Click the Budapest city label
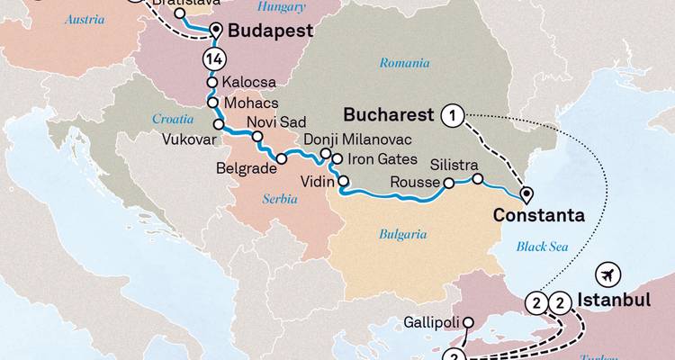tap(270, 31)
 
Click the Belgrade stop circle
tap(282, 159)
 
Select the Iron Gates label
tap(382, 159)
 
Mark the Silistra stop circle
tap(478, 177)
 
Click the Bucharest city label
tap(390, 116)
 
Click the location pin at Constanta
tap(526, 193)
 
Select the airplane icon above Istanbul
tap(608, 274)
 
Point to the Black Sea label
tap(543, 246)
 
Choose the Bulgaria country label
tap(402, 234)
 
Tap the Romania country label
tap(398, 63)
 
